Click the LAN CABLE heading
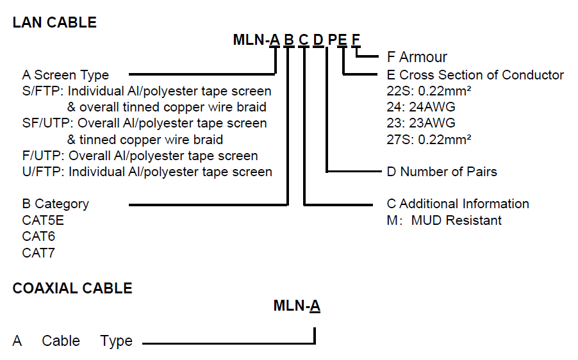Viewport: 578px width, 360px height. (54, 22)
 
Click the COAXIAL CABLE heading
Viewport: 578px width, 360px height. (72, 288)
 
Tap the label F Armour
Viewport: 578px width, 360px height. (417, 57)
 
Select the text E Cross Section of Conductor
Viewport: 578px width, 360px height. (475, 75)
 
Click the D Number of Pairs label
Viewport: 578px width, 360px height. (442, 171)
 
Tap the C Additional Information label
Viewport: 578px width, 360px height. (458, 204)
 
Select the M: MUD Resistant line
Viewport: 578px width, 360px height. (444, 220)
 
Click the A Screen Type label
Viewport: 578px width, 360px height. (65, 75)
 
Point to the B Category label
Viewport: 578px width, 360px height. (56, 204)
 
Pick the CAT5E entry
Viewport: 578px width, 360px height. (43, 220)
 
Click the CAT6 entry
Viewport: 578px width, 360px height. (38, 236)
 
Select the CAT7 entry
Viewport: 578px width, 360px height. (38, 252)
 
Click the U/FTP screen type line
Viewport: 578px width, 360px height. (147, 172)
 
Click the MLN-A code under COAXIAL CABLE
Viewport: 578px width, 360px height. (297, 306)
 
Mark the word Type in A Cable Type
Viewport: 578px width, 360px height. (116, 341)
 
